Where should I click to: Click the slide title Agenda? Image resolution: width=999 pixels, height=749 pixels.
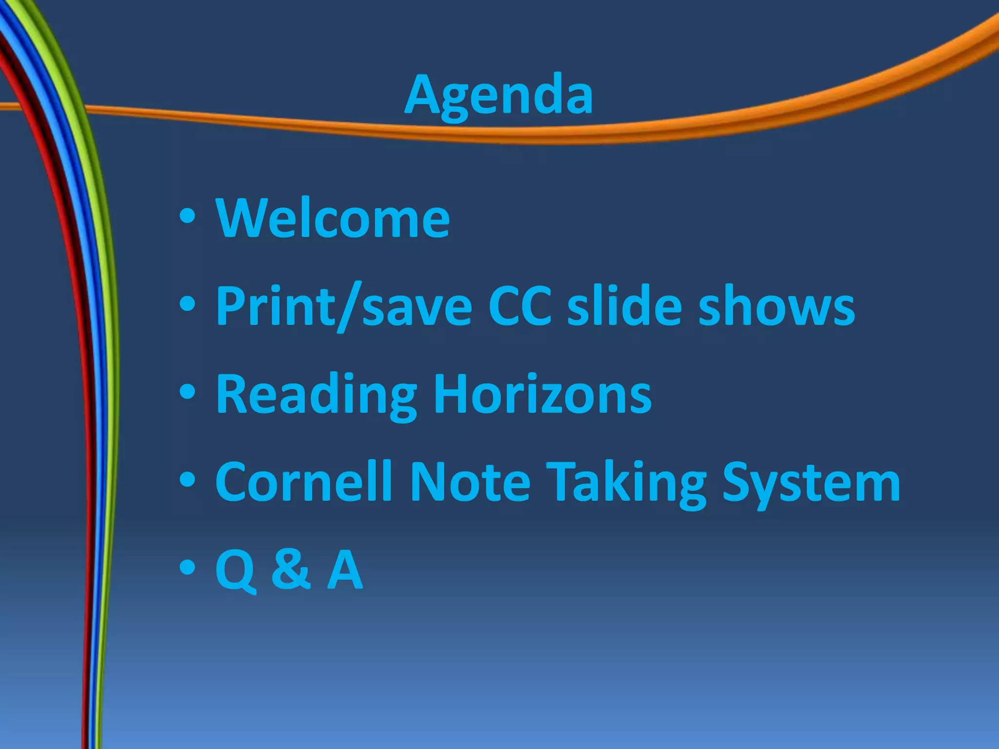(499, 95)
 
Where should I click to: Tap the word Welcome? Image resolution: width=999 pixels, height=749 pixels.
(333, 218)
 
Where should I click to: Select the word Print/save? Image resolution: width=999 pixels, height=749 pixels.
(344, 306)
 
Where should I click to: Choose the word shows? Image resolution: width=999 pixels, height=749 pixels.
(777, 306)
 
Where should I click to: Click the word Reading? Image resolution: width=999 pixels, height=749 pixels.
(316, 395)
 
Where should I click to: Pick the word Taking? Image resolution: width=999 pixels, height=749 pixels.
(626, 483)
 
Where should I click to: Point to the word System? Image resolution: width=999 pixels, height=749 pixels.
(811, 483)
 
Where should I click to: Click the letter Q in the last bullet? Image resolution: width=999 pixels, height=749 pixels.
(236, 570)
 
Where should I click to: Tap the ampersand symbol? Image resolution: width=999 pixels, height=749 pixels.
(291, 569)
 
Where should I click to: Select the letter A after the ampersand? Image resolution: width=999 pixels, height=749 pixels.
(345, 569)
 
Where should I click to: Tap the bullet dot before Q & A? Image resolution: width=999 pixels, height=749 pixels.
(187, 567)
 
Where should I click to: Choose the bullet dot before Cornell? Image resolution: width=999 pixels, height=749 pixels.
(187, 480)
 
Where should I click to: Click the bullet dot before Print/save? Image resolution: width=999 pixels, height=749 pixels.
(187, 304)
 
